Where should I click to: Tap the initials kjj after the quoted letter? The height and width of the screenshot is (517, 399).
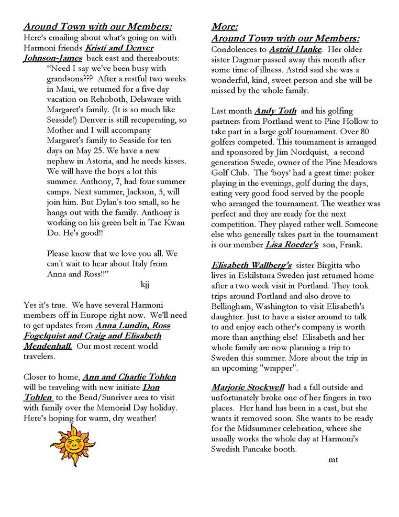click(x=146, y=285)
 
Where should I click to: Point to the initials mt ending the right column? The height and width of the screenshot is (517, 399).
click(x=334, y=459)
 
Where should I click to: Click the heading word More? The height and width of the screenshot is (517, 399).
click(x=225, y=27)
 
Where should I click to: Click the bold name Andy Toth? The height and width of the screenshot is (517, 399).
click(x=275, y=111)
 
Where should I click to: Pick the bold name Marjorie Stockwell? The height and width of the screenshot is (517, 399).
click(x=248, y=387)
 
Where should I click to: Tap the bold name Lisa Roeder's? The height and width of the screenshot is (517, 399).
click(x=292, y=244)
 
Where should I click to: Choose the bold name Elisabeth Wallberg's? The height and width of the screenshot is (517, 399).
click(x=251, y=265)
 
